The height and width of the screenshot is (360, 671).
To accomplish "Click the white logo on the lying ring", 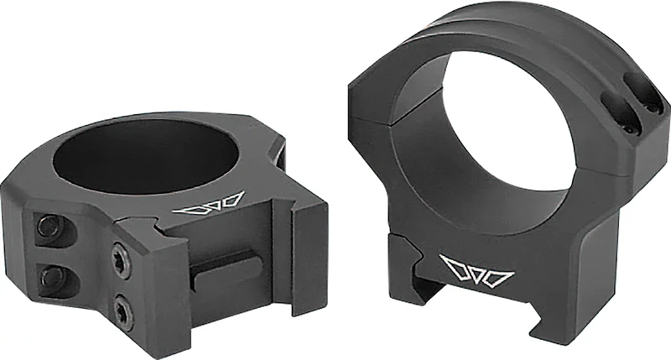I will [x=213, y=205].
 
